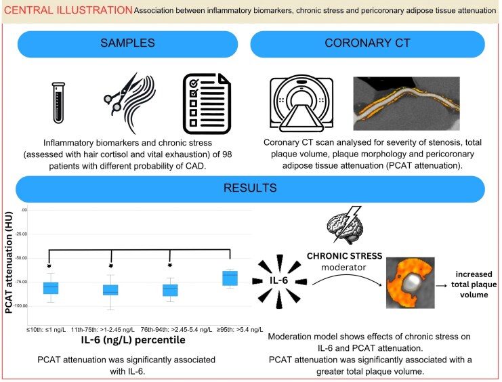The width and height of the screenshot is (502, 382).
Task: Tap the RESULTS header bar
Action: [251, 190]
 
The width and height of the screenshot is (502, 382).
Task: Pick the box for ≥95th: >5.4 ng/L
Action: [230, 278]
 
